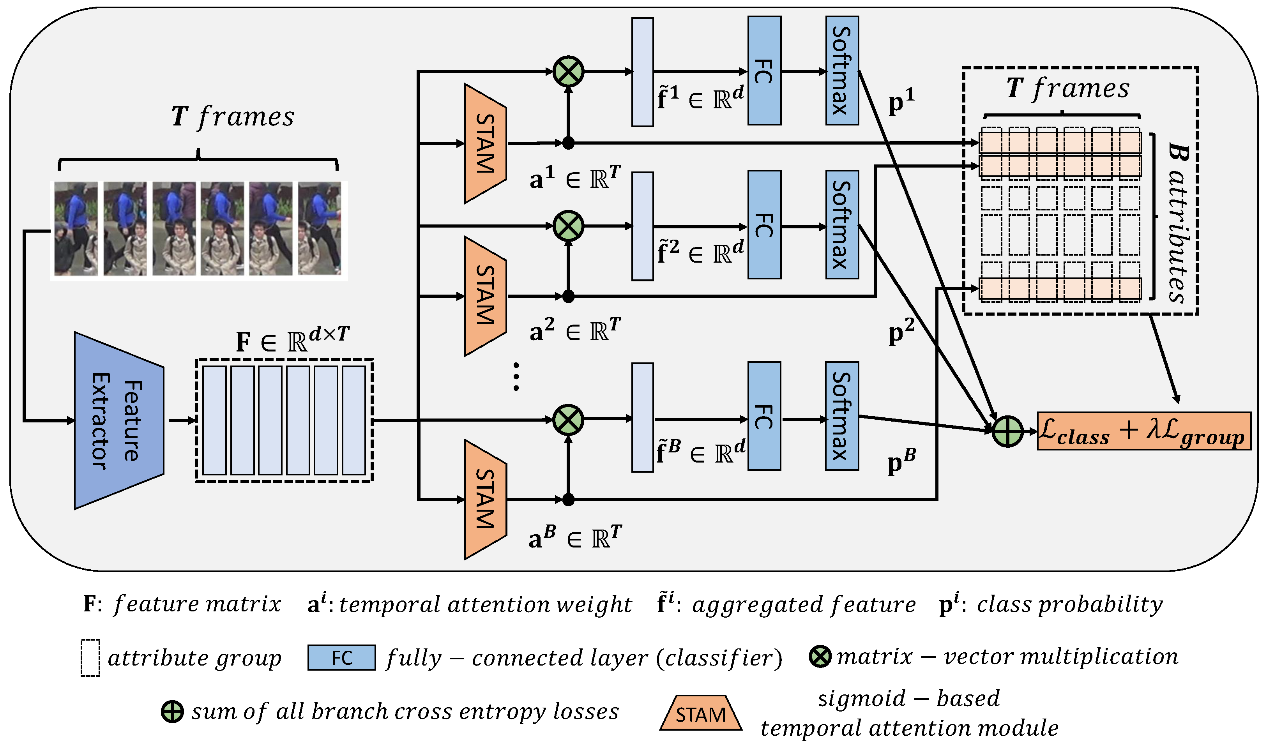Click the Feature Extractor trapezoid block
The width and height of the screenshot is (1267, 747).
click(x=119, y=421)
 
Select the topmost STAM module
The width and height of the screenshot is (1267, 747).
click(x=485, y=143)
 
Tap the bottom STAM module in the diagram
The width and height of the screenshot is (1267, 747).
click(x=485, y=499)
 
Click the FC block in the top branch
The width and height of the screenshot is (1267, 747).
click(x=763, y=71)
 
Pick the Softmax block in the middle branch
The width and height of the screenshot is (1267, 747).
click(x=842, y=224)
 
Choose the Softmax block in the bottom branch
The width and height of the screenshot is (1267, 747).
click(x=842, y=416)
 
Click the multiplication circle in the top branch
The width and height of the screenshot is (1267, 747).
click(x=568, y=71)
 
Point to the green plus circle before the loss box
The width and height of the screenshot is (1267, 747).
click(x=1007, y=431)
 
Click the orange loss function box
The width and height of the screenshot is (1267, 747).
click(x=1144, y=431)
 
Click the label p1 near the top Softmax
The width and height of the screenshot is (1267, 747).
click(x=901, y=102)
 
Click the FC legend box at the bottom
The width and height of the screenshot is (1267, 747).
click(x=341, y=657)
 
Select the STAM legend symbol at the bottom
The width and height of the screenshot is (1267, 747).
click(x=700, y=713)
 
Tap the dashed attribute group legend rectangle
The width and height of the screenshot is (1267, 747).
click(x=90, y=658)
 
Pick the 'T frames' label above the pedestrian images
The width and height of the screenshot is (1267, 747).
click(x=233, y=117)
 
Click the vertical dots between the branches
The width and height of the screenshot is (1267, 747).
click(x=516, y=376)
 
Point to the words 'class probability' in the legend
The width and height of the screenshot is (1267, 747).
click(x=1070, y=604)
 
